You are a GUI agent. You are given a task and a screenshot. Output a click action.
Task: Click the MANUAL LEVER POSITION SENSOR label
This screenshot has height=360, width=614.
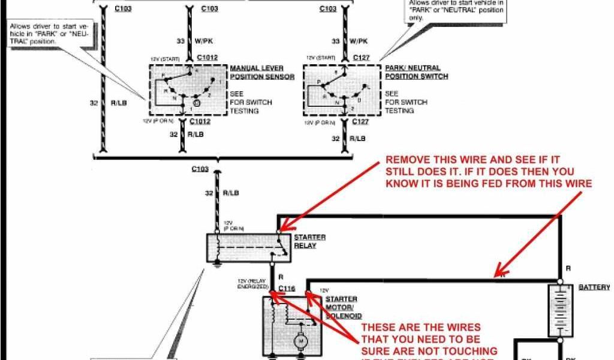click(x=262, y=73)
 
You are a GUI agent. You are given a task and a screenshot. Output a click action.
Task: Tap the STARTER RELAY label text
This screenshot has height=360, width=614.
click(x=309, y=242)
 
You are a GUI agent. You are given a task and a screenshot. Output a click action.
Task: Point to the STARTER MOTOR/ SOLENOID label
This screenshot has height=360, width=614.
click(x=342, y=307)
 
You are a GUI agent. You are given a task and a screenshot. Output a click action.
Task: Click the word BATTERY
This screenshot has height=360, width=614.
click(x=594, y=287)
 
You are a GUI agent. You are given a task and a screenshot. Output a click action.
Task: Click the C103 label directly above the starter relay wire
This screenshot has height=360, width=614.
click(x=200, y=169)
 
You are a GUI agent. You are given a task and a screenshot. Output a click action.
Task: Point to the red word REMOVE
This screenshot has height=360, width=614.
click(x=407, y=161)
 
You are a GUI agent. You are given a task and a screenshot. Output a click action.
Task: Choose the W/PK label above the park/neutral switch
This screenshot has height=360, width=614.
click(x=358, y=41)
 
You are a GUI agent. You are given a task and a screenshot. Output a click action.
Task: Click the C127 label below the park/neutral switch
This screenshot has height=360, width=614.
click(x=360, y=122)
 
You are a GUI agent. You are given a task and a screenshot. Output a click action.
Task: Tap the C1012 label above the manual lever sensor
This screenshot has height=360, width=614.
click(x=207, y=58)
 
